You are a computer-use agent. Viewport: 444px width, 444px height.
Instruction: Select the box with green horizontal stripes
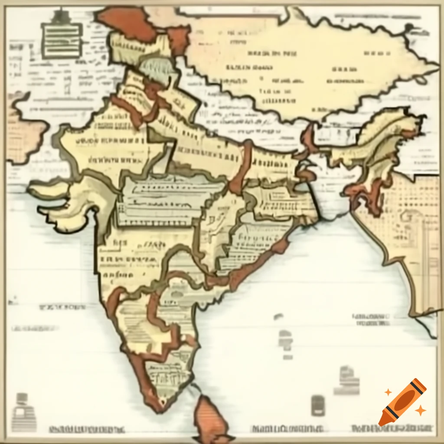pos(62,40)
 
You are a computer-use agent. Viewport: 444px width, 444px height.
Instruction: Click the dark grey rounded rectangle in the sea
pos(318,405)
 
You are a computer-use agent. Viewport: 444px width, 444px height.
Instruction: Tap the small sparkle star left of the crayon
pos(388,392)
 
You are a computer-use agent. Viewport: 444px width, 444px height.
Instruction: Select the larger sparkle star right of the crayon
pos(420,410)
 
